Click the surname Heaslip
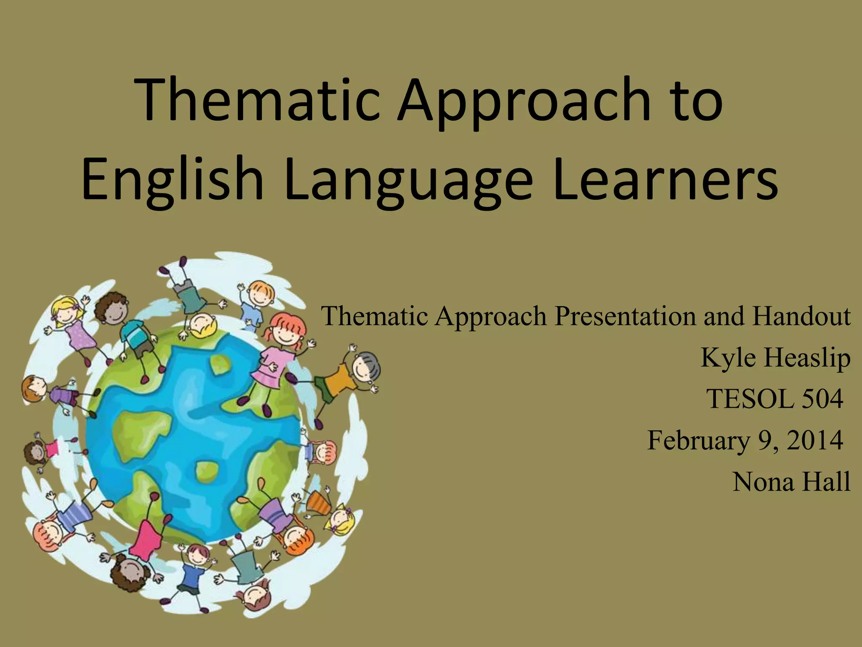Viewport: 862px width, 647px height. [806, 358]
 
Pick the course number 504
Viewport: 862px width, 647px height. [823, 398]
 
